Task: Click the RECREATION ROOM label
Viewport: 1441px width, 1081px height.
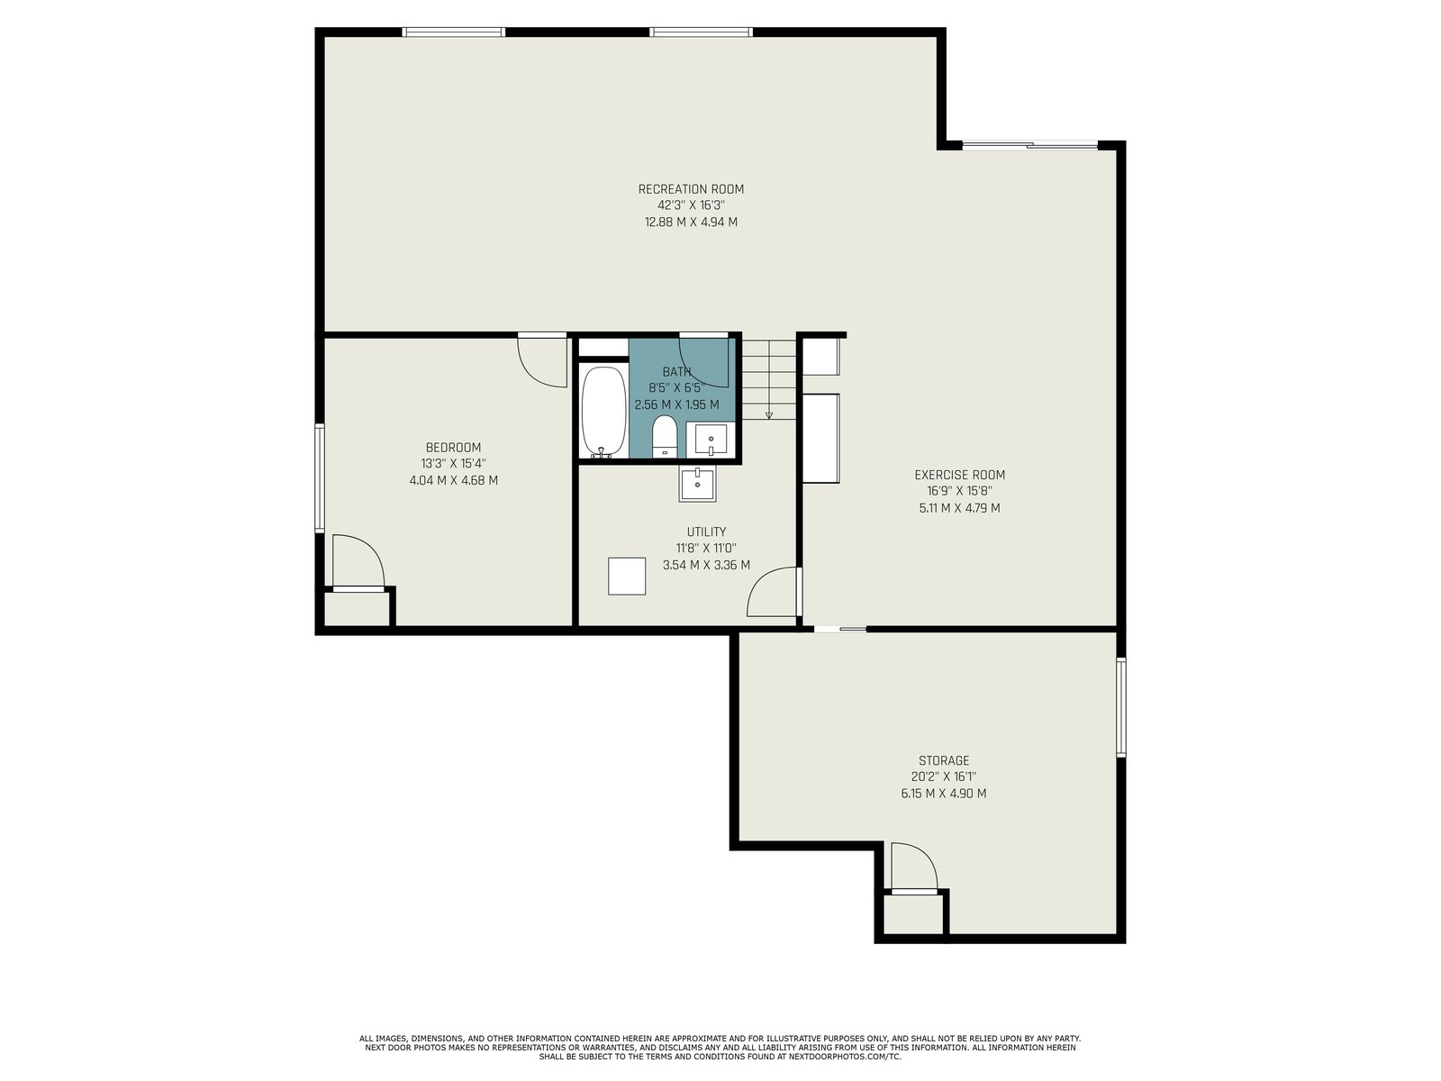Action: pyautogui.click(x=691, y=189)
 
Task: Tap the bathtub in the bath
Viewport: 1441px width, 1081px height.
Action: pyautogui.click(x=604, y=412)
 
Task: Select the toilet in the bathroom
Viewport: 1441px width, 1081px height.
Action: pyautogui.click(x=665, y=436)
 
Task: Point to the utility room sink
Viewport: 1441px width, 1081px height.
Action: pyautogui.click(x=697, y=485)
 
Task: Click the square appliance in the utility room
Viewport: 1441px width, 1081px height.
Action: pyautogui.click(x=627, y=577)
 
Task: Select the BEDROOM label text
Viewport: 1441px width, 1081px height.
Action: pyautogui.click(x=453, y=448)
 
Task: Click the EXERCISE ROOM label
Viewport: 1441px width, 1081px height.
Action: pyautogui.click(x=959, y=475)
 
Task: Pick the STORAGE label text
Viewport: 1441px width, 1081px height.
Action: pyautogui.click(x=943, y=760)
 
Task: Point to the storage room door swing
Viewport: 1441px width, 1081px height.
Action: pyautogui.click(x=914, y=868)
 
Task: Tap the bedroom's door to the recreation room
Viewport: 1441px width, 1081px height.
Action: pyautogui.click(x=542, y=360)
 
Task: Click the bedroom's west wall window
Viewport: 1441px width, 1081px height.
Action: pyautogui.click(x=320, y=477)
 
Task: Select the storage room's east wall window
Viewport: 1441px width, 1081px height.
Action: pyautogui.click(x=1121, y=707)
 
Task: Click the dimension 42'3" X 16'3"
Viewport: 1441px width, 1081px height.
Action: pyautogui.click(x=691, y=205)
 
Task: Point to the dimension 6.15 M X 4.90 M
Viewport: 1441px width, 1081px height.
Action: pyautogui.click(x=943, y=794)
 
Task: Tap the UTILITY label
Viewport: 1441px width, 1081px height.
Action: pyautogui.click(x=706, y=531)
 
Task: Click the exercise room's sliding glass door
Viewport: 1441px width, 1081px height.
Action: pyautogui.click(x=1029, y=145)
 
